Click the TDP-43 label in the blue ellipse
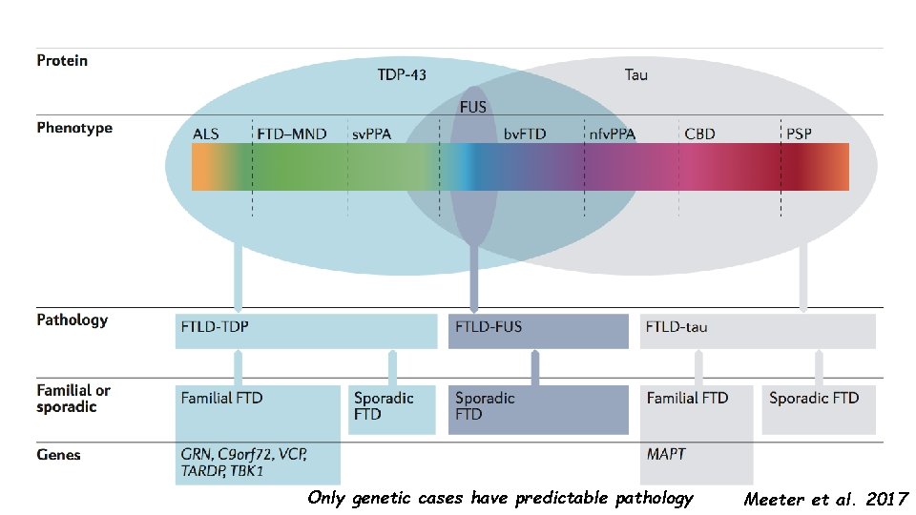pos(402,74)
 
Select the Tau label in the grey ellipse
pos(635,74)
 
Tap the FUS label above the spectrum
pos(473,107)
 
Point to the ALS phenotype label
pos(206,134)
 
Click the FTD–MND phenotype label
pos(291,134)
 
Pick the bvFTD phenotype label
pos(525,134)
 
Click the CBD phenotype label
pos(699,134)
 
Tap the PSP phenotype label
pos(798,134)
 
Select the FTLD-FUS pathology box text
pos(489,327)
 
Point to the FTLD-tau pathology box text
pos(677,327)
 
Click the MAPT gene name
pos(666,454)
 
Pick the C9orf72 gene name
pos(250,454)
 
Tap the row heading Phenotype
pos(74,128)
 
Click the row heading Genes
pos(59,454)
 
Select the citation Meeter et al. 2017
pos(826,499)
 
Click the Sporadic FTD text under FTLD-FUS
pos(485,405)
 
